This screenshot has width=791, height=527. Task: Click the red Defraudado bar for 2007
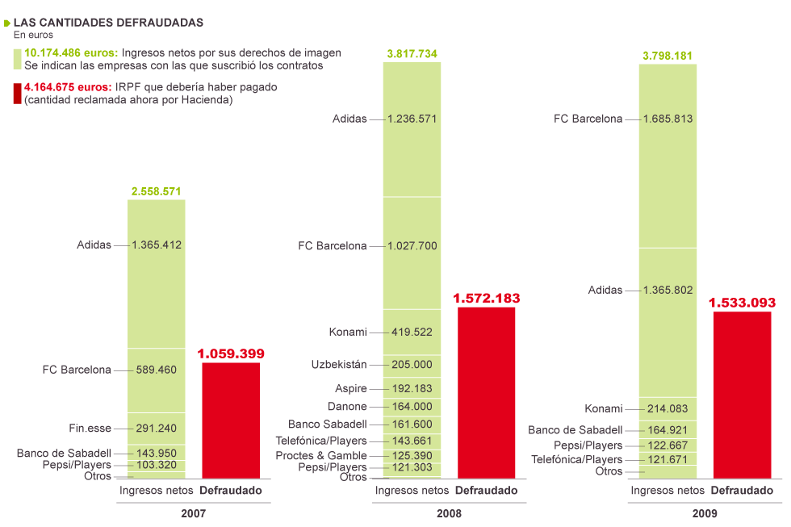point(231,420)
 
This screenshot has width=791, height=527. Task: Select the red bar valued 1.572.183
point(486,392)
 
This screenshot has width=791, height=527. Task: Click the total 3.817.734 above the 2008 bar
point(412,53)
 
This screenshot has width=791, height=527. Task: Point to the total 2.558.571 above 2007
point(156,191)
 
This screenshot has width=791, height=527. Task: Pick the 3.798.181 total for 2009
point(668,56)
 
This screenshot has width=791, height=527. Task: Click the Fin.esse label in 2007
point(90,428)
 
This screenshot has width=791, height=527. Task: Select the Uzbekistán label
point(339,364)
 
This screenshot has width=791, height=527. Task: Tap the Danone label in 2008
point(347,407)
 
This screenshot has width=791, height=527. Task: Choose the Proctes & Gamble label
point(321,455)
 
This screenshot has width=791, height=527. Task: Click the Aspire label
point(351,388)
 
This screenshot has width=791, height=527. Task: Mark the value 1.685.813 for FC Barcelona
point(668,119)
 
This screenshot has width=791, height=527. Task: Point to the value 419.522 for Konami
point(412,332)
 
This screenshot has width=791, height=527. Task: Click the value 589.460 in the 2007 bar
point(156,370)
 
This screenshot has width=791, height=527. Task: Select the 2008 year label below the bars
point(449,512)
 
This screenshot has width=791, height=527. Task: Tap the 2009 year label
point(704,512)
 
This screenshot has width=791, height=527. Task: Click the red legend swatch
point(18,93)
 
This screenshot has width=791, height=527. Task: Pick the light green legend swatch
point(18,59)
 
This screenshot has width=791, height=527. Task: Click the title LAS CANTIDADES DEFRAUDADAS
point(108,22)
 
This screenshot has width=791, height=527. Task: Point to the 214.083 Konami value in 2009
point(668,408)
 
